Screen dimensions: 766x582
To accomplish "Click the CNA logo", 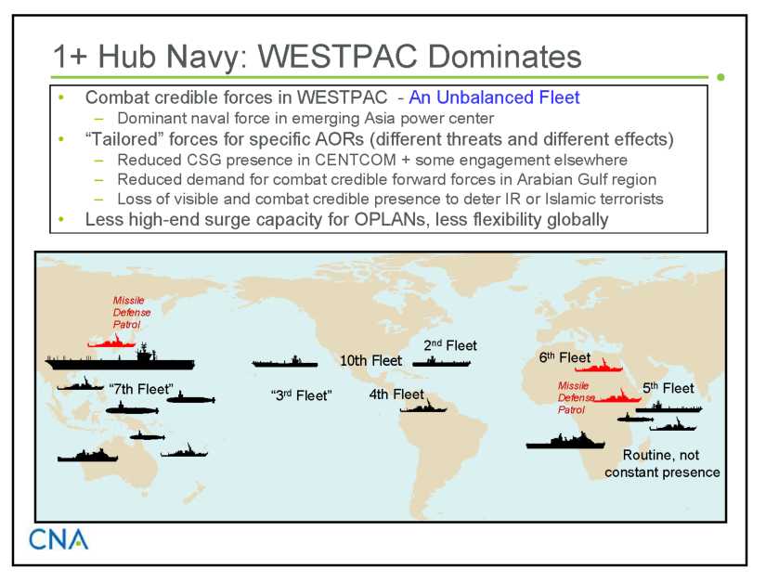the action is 58,539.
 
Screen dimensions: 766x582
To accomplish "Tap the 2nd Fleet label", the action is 450,345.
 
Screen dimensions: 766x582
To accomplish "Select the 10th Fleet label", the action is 370,361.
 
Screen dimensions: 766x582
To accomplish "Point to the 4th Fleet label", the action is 396,394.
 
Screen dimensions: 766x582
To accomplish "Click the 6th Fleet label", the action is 565,358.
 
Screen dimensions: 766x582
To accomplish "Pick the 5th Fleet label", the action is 668,389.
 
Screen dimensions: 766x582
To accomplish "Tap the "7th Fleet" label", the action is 141,389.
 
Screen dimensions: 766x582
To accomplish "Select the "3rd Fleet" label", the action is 302,395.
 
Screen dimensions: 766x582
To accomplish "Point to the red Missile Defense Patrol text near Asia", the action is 131,313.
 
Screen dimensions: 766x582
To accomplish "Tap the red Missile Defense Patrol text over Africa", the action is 576,398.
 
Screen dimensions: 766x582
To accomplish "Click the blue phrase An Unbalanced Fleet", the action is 494,97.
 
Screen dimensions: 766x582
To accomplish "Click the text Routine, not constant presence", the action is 662,464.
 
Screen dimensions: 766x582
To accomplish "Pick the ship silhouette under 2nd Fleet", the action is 442,362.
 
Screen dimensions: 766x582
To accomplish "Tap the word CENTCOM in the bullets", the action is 356,161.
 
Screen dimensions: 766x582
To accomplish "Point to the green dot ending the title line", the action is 721,77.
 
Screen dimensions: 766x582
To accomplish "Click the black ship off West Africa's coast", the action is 565,440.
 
